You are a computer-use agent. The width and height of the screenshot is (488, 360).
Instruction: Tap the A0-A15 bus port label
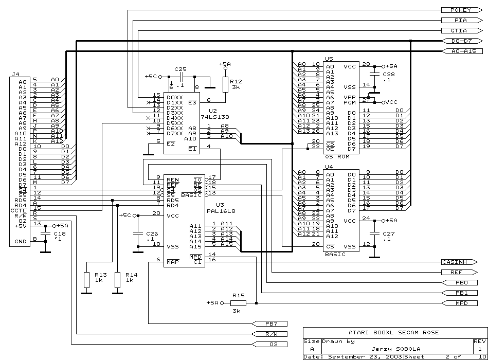point(462,51)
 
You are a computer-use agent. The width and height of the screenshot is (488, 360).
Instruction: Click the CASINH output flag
point(459,262)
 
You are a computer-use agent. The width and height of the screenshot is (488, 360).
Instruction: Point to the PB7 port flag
point(269,324)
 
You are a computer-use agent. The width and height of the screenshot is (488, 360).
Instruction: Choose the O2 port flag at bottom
point(269,345)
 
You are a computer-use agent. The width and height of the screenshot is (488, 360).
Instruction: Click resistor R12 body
point(225,85)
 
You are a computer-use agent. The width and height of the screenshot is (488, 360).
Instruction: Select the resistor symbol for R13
point(86,280)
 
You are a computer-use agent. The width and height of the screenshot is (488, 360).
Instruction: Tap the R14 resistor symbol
point(117,280)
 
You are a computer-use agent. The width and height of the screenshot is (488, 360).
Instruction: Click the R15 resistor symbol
point(239,303)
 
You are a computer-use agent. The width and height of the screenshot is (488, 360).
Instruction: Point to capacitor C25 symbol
point(182,77)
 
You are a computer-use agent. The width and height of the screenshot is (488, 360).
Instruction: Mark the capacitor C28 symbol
point(374,75)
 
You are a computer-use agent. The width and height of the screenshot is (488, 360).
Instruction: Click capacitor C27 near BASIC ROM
point(374,233)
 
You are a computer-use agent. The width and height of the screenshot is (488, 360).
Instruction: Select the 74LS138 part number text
point(219,117)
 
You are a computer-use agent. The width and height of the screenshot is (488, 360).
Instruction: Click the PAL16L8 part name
point(221,211)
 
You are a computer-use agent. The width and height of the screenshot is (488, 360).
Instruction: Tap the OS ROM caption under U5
point(337,157)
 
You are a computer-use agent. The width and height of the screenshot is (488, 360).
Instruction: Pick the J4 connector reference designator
point(15,75)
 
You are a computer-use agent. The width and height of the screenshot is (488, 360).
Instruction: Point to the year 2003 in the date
point(394,356)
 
